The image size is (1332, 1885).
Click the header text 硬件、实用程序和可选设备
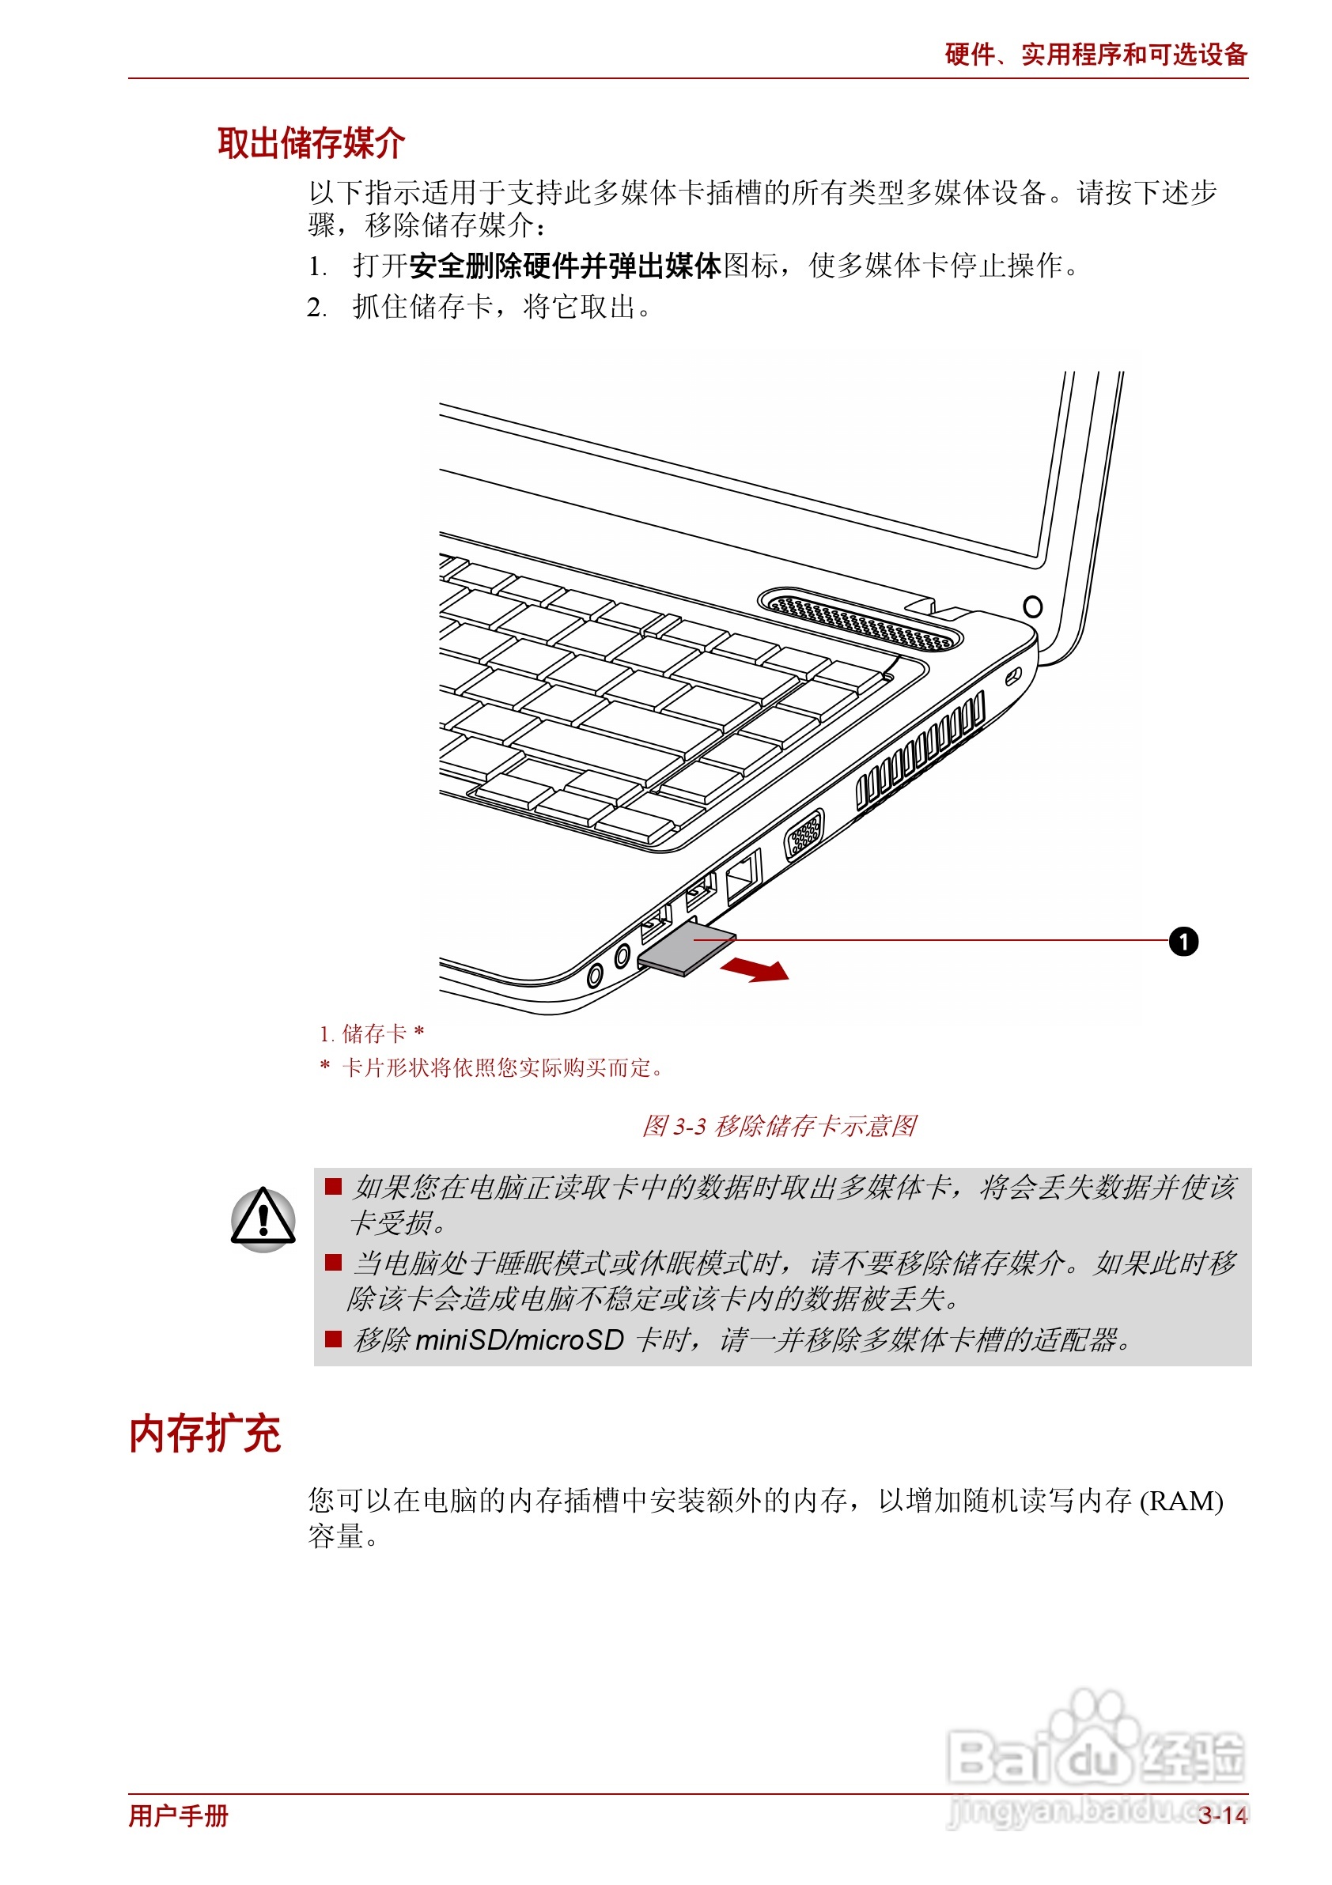coord(1095,55)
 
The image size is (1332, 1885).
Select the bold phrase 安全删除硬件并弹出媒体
coord(565,266)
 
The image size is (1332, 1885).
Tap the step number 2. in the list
coord(316,308)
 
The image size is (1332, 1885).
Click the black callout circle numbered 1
coord(1183,941)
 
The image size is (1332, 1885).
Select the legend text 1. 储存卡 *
coord(372,1033)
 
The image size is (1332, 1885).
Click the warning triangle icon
coord(263,1218)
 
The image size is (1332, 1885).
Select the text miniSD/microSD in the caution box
coord(519,1340)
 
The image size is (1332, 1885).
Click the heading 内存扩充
coord(206,1434)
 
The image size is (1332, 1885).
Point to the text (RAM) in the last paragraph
coord(1181,1501)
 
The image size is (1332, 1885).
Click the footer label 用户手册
coord(178,1815)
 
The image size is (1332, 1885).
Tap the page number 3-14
coord(1222,1815)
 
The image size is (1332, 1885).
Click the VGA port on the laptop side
coord(804,833)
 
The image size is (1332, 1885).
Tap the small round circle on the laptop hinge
coord(1032,606)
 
